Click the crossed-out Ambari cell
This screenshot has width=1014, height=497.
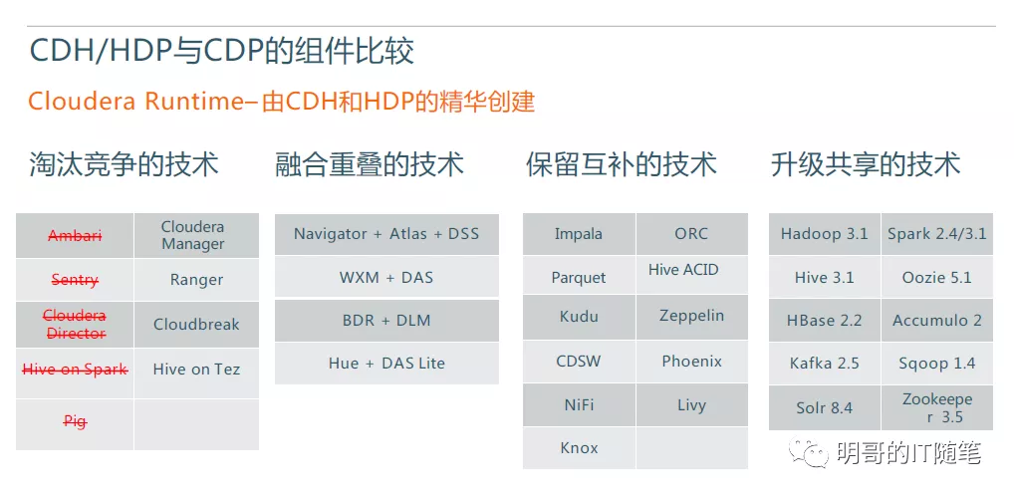[75, 236]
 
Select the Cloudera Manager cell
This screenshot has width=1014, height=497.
[196, 236]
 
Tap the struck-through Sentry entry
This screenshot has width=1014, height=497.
[75, 280]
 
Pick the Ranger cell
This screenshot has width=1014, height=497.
[196, 280]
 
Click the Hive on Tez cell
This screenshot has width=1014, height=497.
[196, 370]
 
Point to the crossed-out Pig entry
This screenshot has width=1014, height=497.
[75, 422]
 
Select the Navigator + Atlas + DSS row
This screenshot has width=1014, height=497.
[386, 234]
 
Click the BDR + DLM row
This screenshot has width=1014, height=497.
[386, 321]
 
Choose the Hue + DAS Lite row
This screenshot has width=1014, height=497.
[386, 364]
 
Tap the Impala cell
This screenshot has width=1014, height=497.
[579, 234]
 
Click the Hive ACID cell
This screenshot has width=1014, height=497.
[692, 275]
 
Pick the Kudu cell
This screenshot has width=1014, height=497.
[579, 318]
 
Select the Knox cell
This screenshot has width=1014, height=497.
[579, 448]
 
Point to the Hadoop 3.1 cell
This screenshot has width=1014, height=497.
[825, 234]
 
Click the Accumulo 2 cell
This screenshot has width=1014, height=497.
[937, 321]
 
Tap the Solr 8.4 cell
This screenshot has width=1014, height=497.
[825, 407]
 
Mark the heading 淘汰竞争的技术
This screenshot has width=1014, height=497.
[125, 164]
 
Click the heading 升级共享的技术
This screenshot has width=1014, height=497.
[866, 164]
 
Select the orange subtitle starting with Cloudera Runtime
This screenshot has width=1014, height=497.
[281, 102]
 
